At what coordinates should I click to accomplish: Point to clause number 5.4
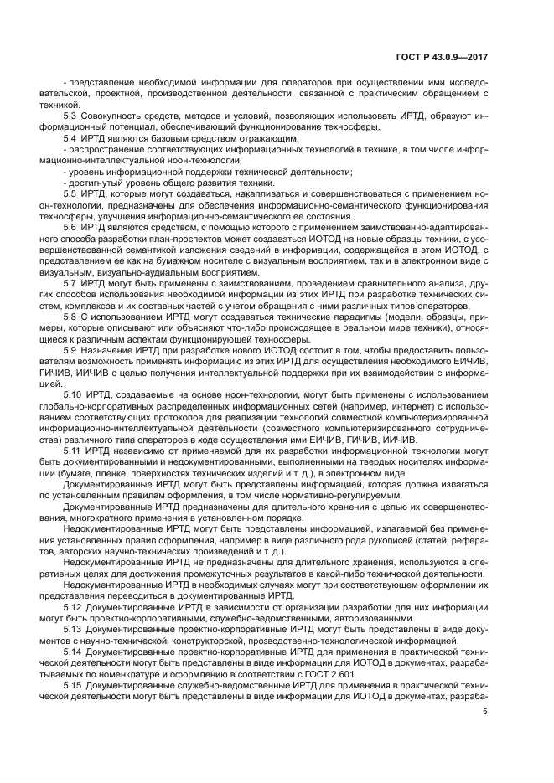click(71, 137)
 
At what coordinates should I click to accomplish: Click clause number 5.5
click(71, 193)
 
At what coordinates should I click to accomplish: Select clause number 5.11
click(73, 448)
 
